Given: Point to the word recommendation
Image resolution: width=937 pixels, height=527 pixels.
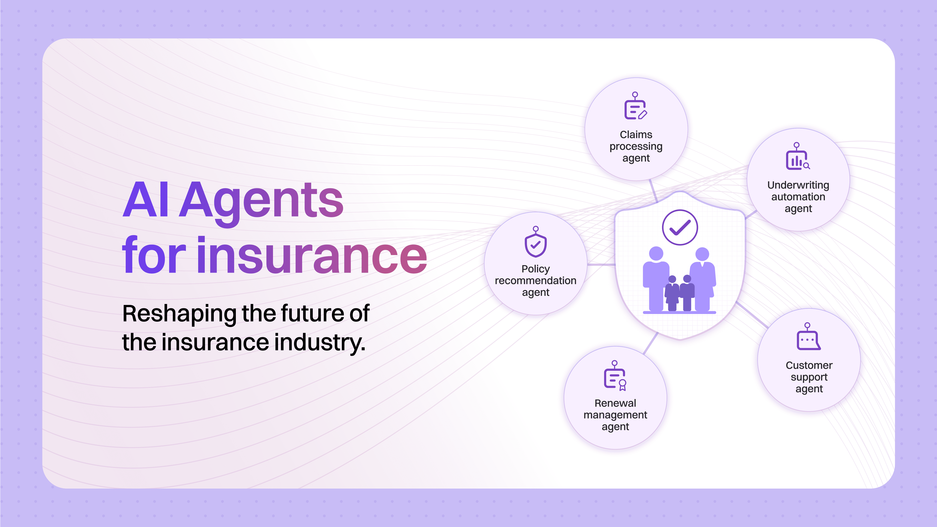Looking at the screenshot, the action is pyautogui.click(x=535, y=281).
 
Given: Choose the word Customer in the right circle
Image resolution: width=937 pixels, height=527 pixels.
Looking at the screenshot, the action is pyautogui.click(x=809, y=365).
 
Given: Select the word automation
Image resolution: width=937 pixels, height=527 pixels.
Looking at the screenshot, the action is pyautogui.click(x=798, y=197).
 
